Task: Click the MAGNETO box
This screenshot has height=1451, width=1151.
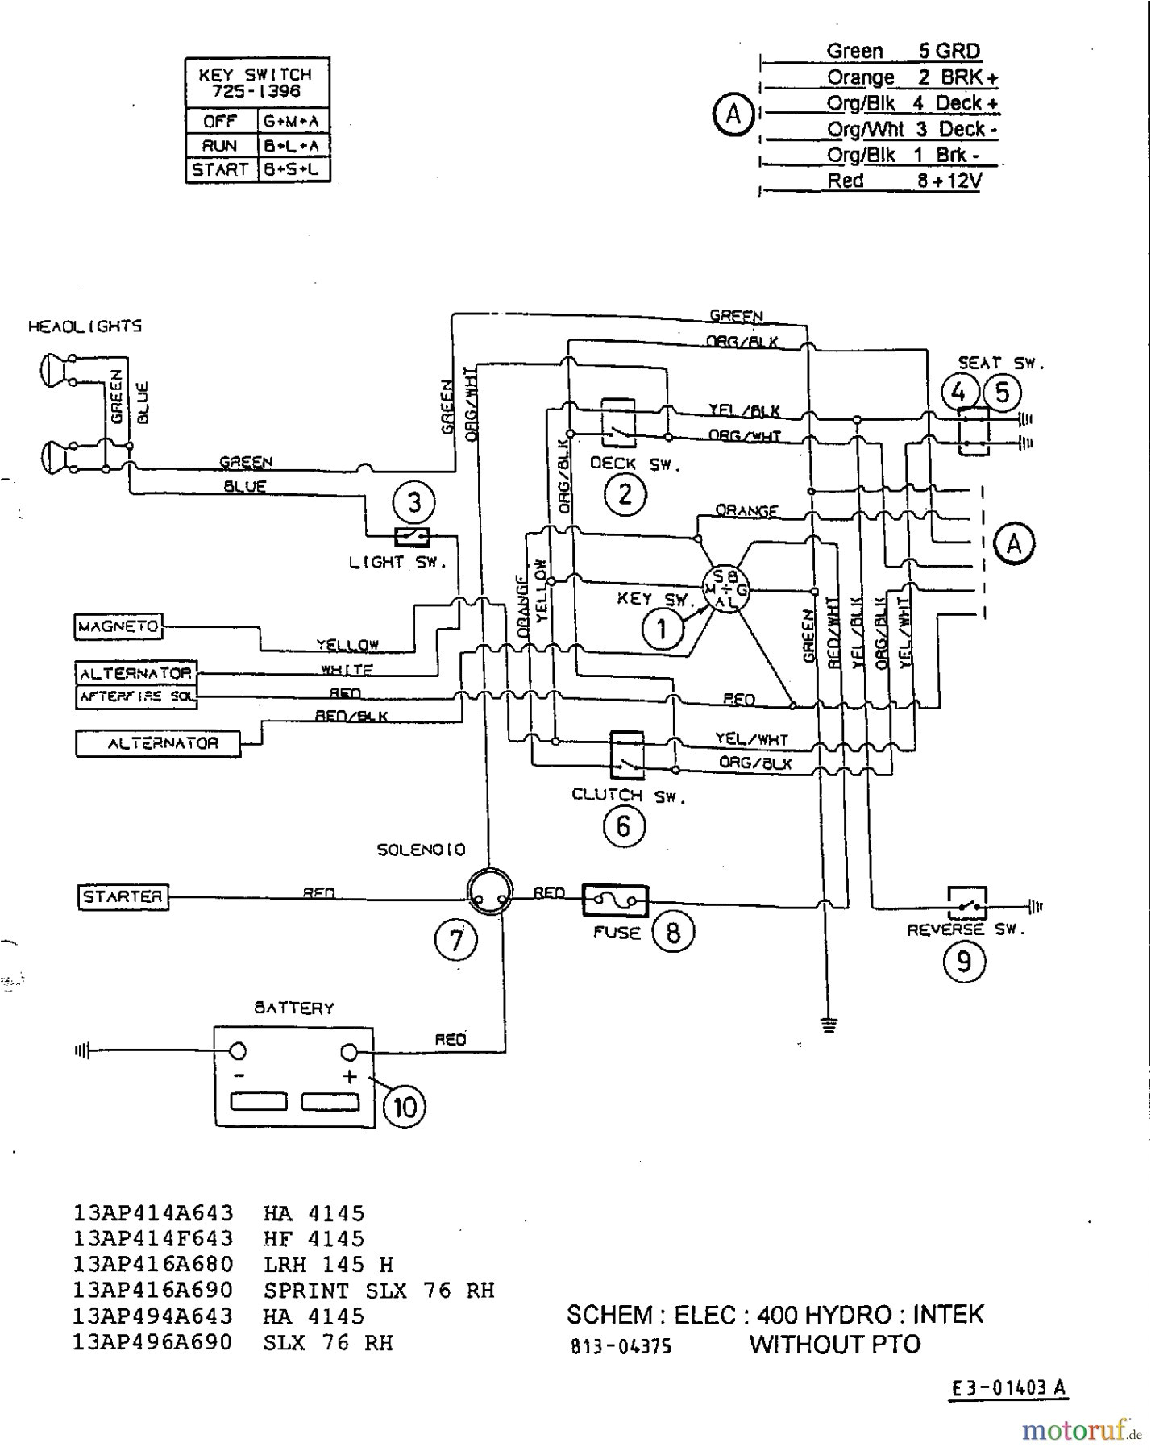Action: (118, 626)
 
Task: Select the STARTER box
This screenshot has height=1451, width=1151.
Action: (123, 896)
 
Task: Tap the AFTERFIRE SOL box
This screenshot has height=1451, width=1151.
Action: (137, 697)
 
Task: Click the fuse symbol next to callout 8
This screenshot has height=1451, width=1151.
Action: (615, 900)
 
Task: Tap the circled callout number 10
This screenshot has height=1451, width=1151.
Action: (404, 1107)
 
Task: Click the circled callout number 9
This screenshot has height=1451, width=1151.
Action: (965, 960)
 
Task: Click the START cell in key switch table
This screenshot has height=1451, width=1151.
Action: (220, 170)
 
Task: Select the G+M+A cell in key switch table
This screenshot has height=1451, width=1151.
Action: (292, 122)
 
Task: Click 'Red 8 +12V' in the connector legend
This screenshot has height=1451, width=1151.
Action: (904, 181)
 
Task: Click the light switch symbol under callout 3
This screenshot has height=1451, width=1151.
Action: (412, 536)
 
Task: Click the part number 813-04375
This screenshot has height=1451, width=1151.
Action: (621, 1346)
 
